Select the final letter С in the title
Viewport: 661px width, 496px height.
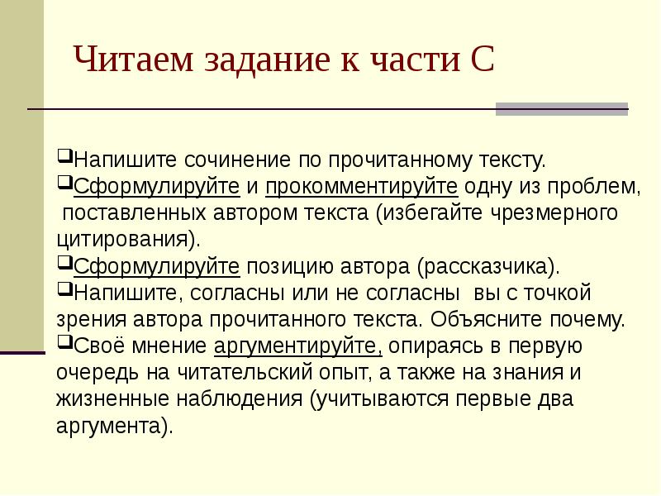click(483, 61)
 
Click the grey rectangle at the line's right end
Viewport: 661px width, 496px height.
click(561, 109)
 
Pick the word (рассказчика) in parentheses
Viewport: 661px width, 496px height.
click(487, 266)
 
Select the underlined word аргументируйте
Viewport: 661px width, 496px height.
click(297, 346)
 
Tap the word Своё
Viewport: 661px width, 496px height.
click(96, 346)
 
